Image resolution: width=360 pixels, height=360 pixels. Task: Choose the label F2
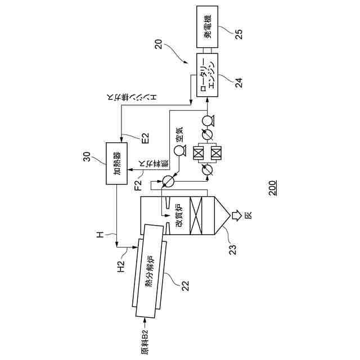[x=138, y=183]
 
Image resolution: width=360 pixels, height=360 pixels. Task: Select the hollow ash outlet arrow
[x=239, y=215]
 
